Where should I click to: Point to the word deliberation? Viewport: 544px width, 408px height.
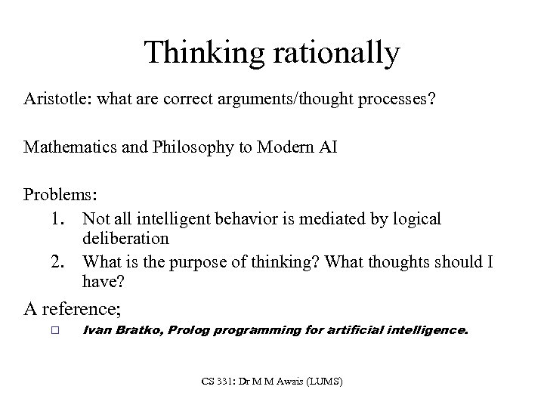click(126, 238)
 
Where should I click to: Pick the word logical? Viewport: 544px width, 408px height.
click(413, 218)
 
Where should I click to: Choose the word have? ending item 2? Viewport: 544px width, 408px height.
click(103, 283)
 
